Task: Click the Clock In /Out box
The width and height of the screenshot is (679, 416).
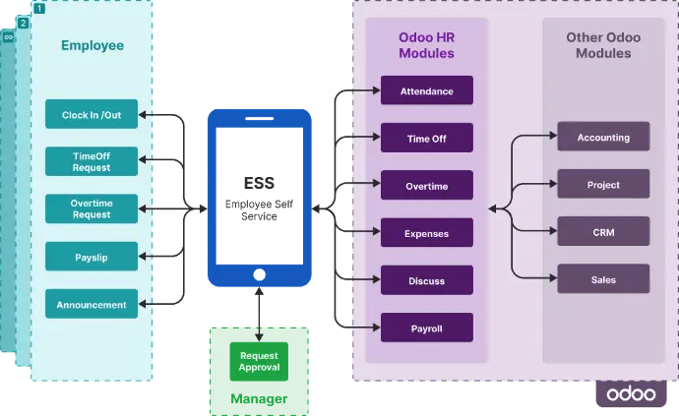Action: tap(92, 114)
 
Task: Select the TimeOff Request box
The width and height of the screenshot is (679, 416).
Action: tap(92, 161)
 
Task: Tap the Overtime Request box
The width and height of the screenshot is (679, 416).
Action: tap(92, 208)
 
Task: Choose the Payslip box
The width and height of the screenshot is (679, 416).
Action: tap(92, 257)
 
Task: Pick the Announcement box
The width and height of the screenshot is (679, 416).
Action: tap(92, 304)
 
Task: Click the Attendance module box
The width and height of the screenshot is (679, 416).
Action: tap(426, 91)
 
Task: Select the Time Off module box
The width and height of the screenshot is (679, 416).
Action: tap(426, 139)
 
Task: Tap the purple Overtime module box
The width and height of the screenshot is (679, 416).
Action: tap(426, 186)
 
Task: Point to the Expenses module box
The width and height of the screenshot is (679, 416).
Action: tap(426, 233)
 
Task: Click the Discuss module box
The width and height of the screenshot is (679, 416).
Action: tap(426, 280)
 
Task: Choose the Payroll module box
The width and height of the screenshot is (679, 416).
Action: tap(426, 327)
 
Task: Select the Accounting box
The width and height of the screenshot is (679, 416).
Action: tap(603, 137)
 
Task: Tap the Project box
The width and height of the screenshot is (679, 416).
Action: tap(603, 184)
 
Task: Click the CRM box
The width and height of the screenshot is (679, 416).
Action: tap(603, 231)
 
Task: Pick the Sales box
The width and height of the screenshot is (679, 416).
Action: tap(603, 279)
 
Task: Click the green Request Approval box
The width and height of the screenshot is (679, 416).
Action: tap(259, 360)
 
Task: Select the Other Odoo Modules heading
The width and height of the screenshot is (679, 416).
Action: tap(603, 45)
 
